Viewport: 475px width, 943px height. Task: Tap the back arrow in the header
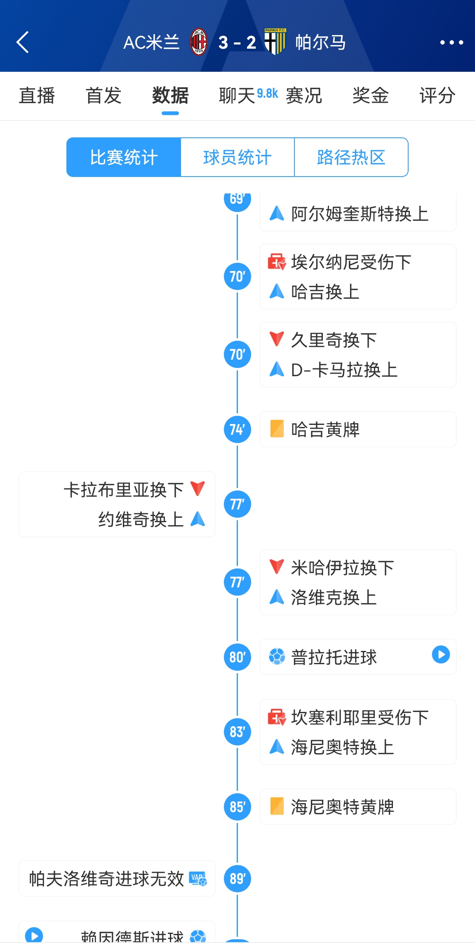point(23,42)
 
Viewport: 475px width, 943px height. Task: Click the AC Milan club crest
point(198,42)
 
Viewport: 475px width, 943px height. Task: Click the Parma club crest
point(275,42)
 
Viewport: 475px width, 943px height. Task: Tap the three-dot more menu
point(451,42)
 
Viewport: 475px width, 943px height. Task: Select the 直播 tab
point(37,96)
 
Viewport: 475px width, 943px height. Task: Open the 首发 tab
point(103,96)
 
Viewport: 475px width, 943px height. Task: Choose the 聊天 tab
point(237,96)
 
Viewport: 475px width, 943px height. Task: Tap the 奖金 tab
point(371,96)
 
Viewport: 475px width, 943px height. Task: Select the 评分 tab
point(437,96)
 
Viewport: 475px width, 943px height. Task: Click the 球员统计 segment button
point(237,157)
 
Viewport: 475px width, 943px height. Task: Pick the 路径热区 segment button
point(351,157)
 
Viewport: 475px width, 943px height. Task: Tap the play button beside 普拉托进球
point(441,655)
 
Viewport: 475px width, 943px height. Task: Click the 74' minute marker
point(237,429)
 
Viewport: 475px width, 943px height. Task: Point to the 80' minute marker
point(237,657)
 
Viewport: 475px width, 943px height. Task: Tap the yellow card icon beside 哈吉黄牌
point(277,429)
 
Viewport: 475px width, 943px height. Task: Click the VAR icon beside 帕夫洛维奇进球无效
point(198,879)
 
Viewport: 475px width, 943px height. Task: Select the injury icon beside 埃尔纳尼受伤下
point(277,262)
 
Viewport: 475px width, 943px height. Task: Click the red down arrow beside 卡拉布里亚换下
point(198,488)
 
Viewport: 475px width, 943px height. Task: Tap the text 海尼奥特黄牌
point(343,807)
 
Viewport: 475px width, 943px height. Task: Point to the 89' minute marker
point(237,879)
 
